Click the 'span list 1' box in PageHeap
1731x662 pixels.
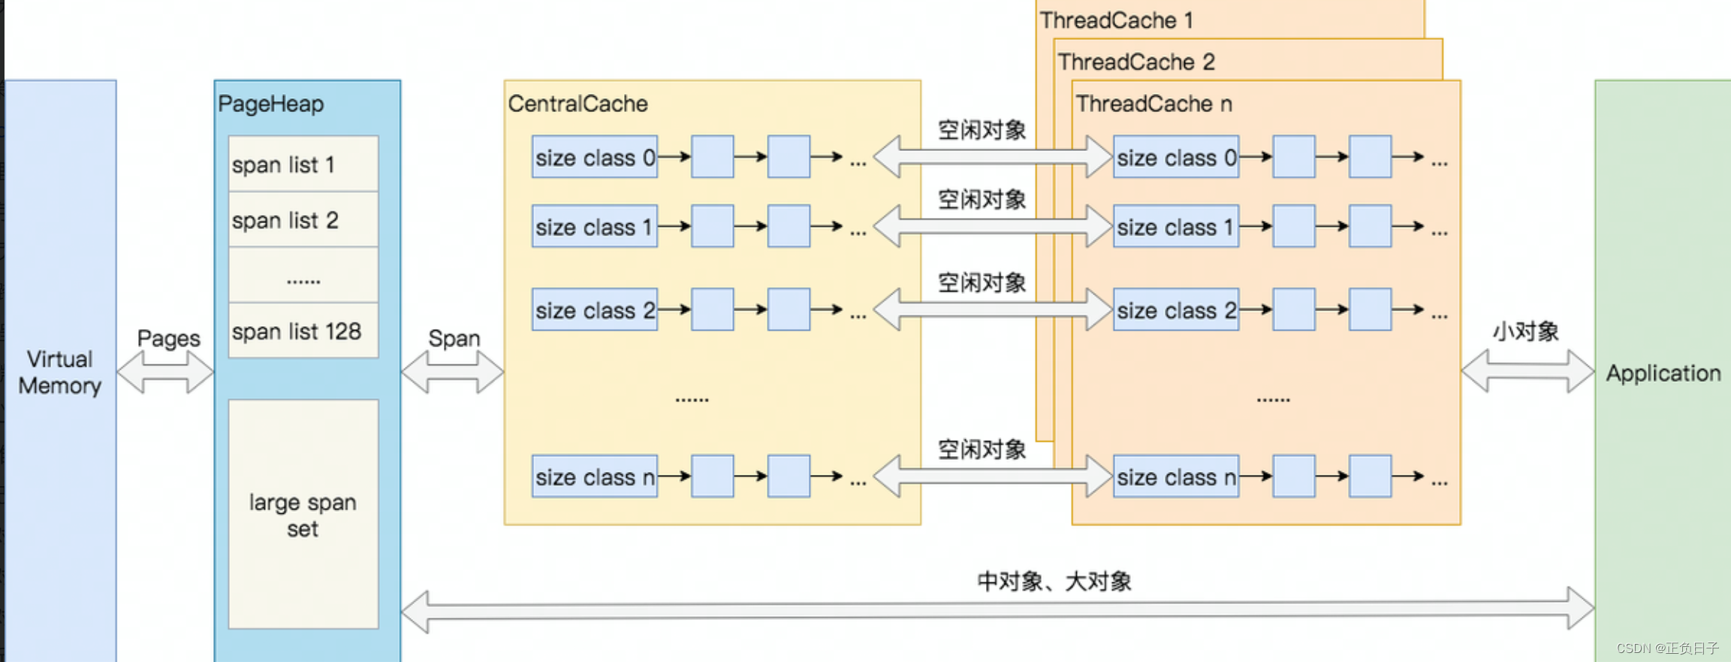point(303,164)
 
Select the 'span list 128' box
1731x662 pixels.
point(303,331)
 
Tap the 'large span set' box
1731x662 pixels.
point(303,514)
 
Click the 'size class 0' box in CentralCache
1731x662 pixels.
point(595,157)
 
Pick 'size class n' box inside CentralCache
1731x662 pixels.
point(595,476)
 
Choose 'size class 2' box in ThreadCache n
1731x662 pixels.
point(1176,310)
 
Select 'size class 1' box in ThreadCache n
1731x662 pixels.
point(1176,226)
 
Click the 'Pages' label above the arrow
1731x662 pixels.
point(169,339)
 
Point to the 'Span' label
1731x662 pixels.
point(454,339)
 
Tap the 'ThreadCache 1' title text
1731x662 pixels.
point(1117,20)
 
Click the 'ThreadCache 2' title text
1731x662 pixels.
point(1136,62)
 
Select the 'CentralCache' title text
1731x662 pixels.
point(578,104)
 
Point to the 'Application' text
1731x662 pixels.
point(1663,373)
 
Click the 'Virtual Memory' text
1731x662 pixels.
point(60,372)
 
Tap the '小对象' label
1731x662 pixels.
point(1525,331)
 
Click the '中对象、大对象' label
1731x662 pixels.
point(1054,581)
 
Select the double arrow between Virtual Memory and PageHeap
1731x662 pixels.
point(165,372)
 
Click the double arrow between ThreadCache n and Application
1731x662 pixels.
point(1528,371)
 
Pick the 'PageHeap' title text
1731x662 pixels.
point(271,104)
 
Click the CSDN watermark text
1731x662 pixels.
point(1667,648)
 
